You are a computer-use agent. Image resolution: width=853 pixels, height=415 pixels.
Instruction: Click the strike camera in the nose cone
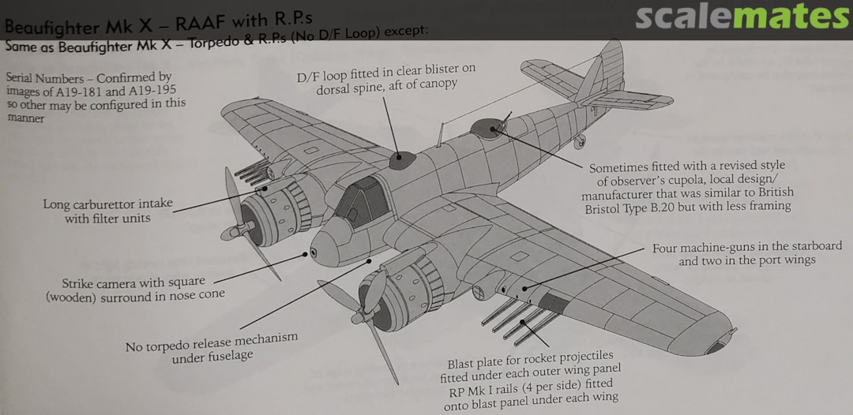tap(314, 252)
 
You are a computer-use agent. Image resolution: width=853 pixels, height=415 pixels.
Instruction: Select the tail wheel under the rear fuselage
tap(581, 141)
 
